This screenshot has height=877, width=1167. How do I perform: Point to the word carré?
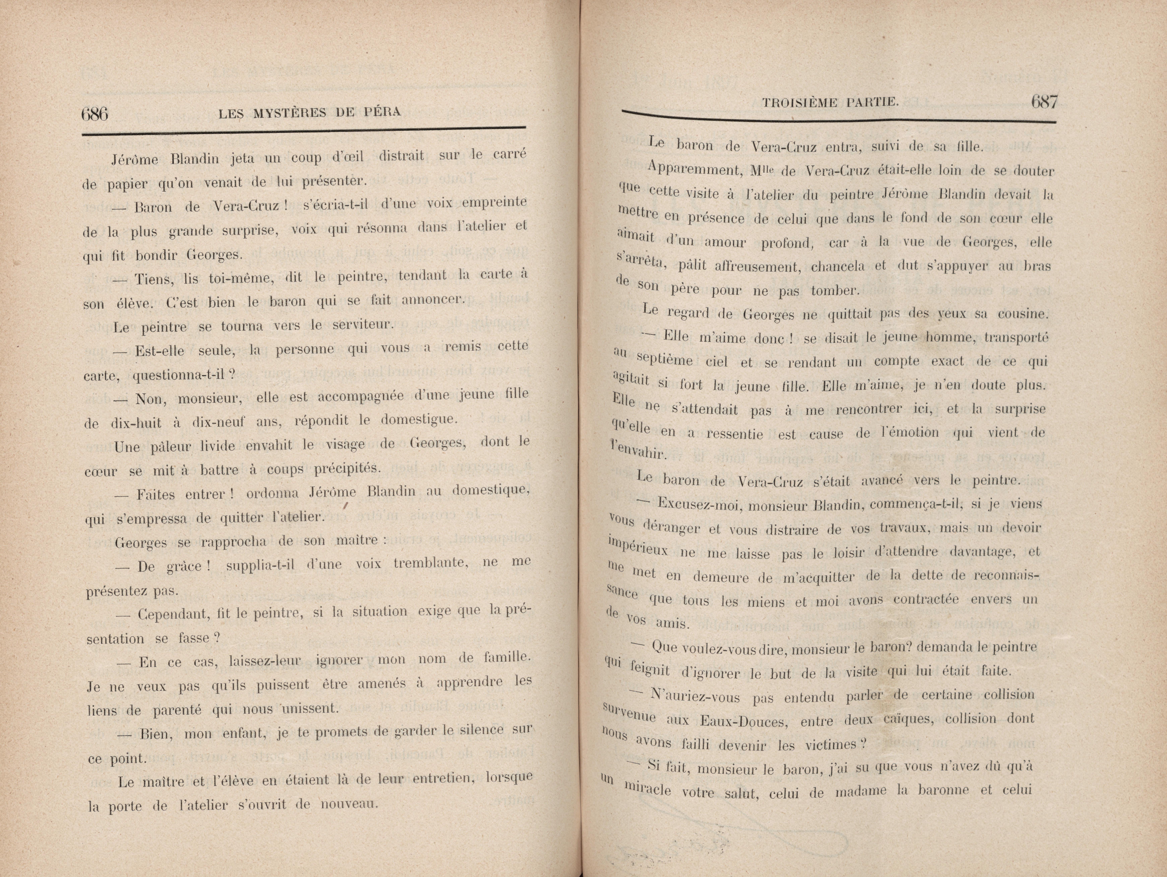pos(510,154)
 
